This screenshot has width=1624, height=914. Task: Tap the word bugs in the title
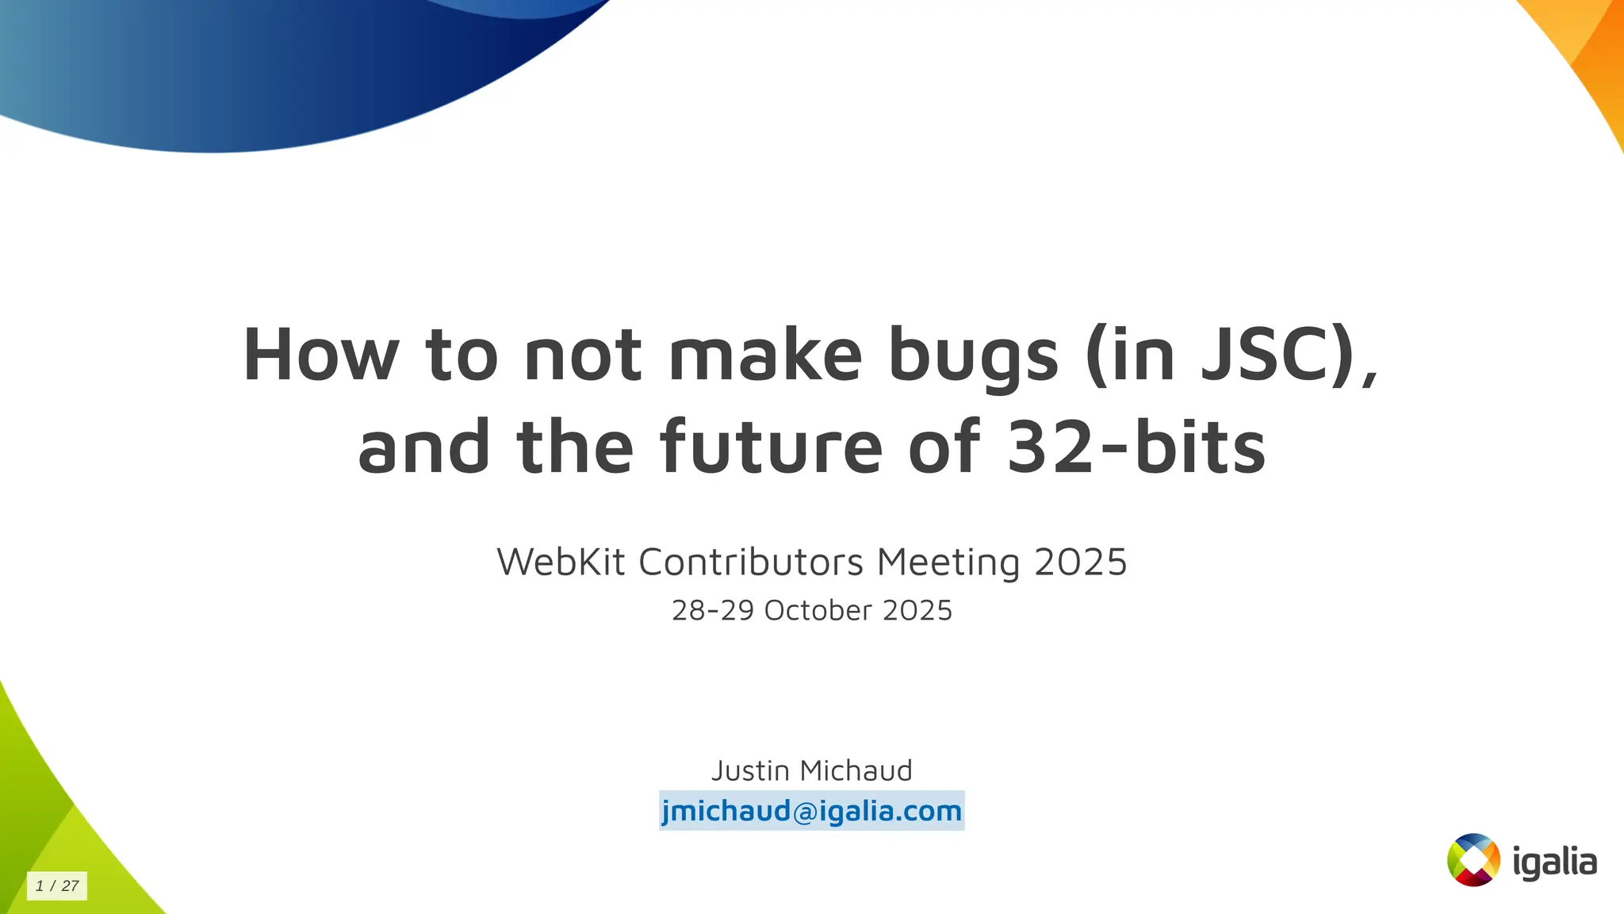pyautogui.click(x=973, y=356)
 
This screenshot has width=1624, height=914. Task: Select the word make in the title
pyautogui.click(x=765, y=355)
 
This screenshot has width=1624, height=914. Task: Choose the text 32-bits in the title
pyautogui.click(x=1136, y=447)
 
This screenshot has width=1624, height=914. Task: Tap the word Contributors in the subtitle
pyautogui.click(x=751, y=563)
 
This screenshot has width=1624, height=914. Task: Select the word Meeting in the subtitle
pyautogui.click(x=948, y=563)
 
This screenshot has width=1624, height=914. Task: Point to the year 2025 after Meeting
pyautogui.click(x=1081, y=563)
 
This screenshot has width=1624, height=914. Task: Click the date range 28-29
pyautogui.click(x=712, y=610)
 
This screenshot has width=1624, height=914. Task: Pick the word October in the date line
pyautogui.click(x=818, y=610)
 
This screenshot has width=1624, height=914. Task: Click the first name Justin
pyautogui.click(x=750, y=770)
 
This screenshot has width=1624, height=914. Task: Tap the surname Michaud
pyautogui.click(x=856, y=770)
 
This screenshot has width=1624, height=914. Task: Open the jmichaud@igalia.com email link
pyautogui.click(x=811, y=811)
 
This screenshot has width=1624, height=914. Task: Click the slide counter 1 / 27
pyautogui.click(x=57, y=885)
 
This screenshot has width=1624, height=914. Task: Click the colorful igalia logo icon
pyautogui.click(x=1473, y=859)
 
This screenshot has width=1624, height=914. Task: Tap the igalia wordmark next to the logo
pyautogui.click(x=1554, y=862)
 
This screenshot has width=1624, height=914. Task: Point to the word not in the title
pyautogui.click(x=583, y=355)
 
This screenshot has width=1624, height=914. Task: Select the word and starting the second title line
pyautogui.click(x=424, y=447)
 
